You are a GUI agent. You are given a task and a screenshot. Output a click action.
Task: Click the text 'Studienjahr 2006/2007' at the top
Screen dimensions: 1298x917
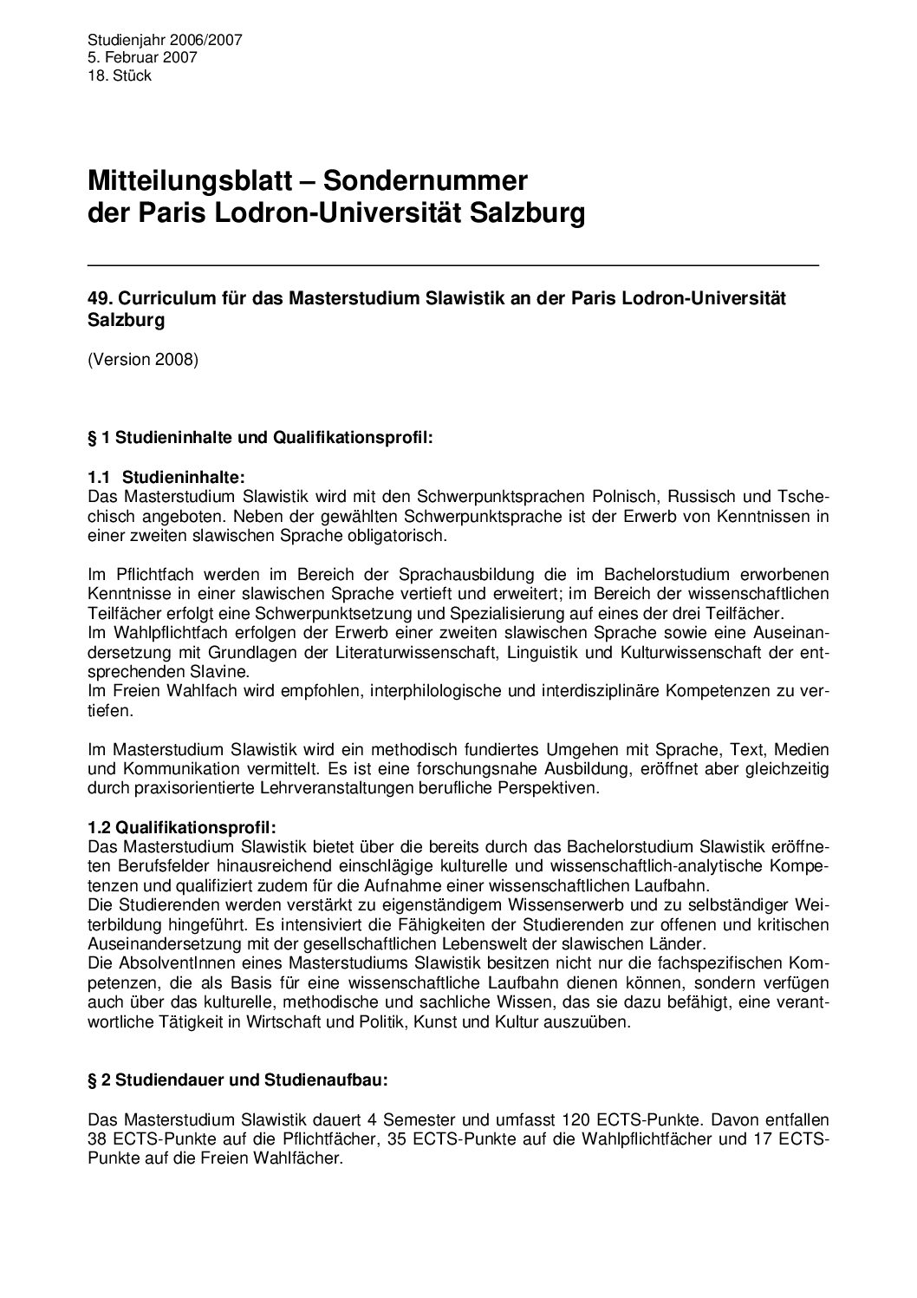coord(165,40)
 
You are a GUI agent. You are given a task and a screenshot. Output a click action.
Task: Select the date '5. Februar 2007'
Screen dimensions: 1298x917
coord(142,58)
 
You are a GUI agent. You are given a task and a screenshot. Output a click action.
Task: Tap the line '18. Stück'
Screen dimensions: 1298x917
coord(120,76)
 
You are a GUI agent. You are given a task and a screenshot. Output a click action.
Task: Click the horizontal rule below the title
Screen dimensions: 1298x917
coord(453,263)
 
